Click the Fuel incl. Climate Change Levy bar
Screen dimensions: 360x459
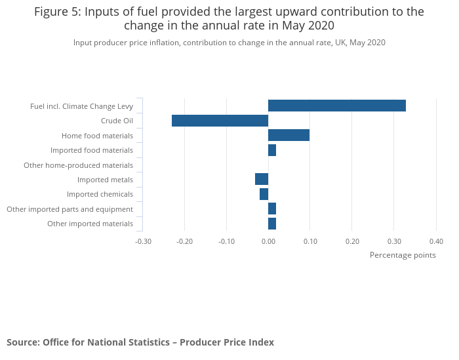(336, 106)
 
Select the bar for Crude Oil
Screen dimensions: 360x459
(220, 121)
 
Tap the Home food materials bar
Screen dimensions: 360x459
(289, 135)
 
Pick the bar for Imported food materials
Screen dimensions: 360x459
(272, 150)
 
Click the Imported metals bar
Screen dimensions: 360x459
(262, 179)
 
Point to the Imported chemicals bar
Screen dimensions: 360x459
(264, 194)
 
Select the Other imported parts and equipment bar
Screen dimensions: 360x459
(272, 209)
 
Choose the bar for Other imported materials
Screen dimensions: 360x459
(272, 224)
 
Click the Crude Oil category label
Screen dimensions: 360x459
(117, 121)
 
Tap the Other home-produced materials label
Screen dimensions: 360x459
(78, 165)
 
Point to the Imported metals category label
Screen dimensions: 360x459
(105, 180)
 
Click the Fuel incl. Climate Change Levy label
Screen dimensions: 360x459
(81, 106)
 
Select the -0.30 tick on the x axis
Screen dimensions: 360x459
(143, 241)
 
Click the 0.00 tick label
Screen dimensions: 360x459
(268, 241)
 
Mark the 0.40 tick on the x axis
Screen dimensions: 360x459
(436, 241)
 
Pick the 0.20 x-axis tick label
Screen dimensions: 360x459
(352, 241)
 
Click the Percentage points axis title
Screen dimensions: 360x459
(403, 255)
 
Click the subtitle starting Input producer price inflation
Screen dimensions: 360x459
(229, 43)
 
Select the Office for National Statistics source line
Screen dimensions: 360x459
(140, 342)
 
